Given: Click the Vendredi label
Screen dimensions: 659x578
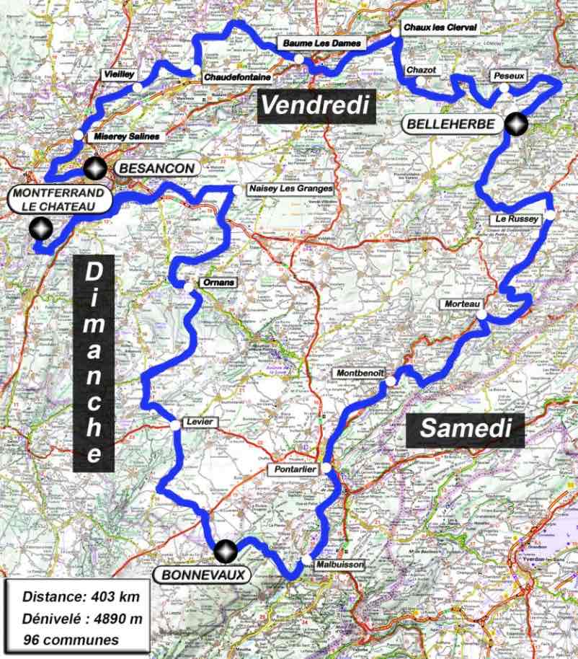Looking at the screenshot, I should tap(315, 105).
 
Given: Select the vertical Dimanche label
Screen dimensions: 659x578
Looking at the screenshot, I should tap(94, 363).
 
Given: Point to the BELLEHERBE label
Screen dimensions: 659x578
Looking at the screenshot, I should tap(452, 124).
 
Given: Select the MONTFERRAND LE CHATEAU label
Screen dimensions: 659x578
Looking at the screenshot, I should tap(61, 200).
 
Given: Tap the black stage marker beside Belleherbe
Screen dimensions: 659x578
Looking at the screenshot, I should tap(515, 125).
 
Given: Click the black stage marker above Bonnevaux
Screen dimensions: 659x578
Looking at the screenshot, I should tap(226, 552).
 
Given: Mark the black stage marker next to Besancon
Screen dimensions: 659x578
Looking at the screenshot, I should tap(94, 169).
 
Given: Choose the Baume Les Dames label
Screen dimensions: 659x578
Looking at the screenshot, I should tap(324, 44).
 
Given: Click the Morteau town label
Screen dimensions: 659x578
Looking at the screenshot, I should tap(462, 305).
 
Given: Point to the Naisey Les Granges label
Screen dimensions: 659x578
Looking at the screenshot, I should tap(290, 189).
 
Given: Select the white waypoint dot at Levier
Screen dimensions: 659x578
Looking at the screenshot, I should tap(175, 426).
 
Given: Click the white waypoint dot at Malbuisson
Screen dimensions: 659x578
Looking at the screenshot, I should tap(307, 560).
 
